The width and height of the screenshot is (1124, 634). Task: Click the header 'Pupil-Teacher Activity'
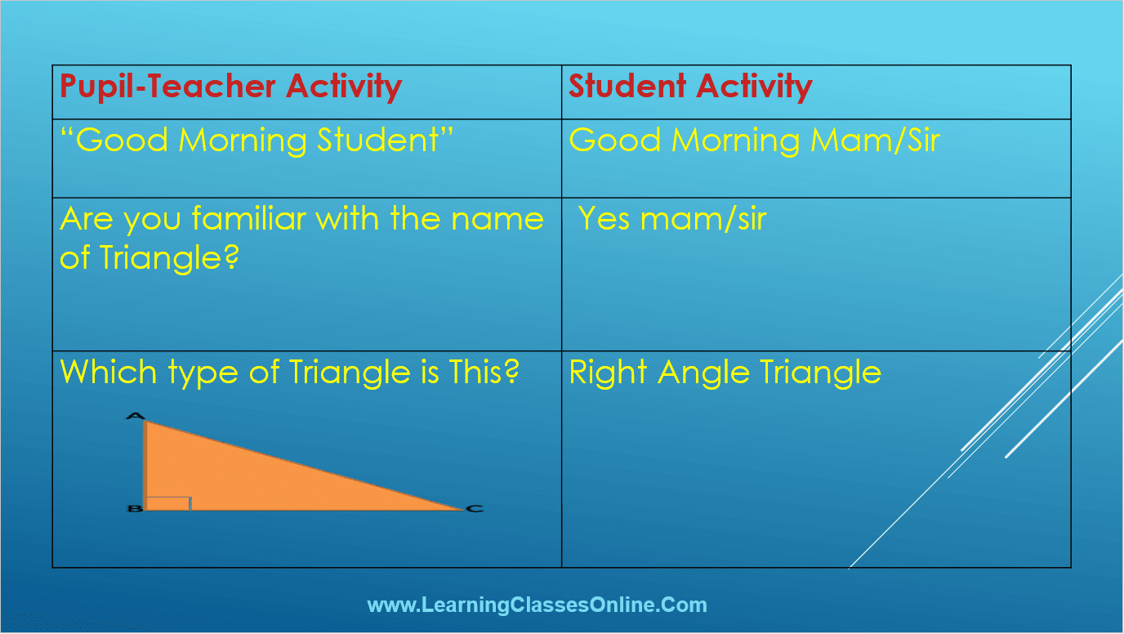click(x=230, y=87)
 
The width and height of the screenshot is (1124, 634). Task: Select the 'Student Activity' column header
click(x=690, y=87)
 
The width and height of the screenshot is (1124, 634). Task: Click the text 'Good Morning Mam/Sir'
click(x=754, y=141)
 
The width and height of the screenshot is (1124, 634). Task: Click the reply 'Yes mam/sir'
click(x=672, y=219)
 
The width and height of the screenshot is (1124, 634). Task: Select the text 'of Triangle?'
click(x=149, y=258)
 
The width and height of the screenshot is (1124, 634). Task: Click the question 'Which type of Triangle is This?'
click(x=290, y=373)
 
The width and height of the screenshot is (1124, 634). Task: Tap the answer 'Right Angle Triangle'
click(x=725, y=373)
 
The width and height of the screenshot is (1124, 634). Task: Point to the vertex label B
click(x=134, y=509)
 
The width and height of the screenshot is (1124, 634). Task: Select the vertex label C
click(x=474, y=509)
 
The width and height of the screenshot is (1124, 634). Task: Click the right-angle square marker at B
click(x=168, y=502)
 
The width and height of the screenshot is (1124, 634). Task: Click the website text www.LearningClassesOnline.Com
click(x=537, y=605)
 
